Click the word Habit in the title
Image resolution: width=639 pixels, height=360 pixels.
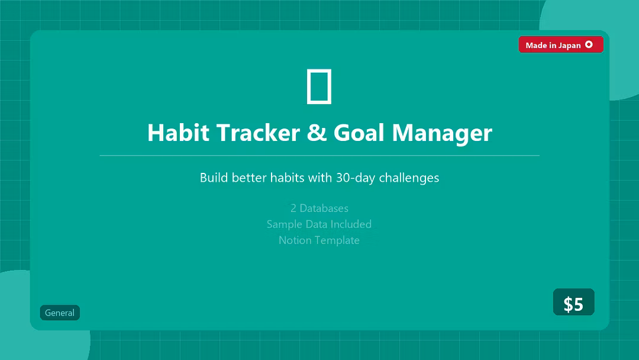coord(178,133)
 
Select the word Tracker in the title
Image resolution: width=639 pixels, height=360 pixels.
coord(258,133)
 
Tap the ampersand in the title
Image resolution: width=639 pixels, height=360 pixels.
coord(317,133)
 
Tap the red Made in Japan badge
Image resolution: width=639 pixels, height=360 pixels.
coord(561,44)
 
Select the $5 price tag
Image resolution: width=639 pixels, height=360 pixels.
coord(573,302)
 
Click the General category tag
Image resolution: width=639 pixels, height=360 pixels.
coord(60,313)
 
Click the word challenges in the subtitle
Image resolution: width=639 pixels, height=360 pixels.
coord(409,178)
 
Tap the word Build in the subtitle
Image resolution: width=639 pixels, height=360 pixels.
coord(214,178)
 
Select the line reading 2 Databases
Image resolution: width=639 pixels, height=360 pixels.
coord(319,208)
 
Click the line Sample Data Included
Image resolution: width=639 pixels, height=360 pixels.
coord(319,224)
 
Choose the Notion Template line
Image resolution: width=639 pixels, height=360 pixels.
coord(319,240)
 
